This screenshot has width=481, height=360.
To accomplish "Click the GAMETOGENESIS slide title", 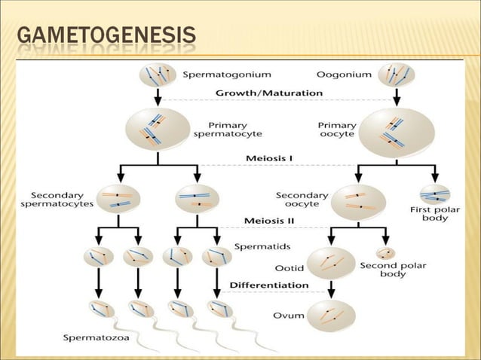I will [106, 36].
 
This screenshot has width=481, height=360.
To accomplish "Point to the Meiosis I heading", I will [269, 158].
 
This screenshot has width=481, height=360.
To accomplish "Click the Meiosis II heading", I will [271, 221].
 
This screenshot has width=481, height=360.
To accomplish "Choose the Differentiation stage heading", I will [268, 285].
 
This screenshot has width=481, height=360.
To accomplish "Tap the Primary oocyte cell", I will [396, 131].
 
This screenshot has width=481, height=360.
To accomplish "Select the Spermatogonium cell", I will [158, 75].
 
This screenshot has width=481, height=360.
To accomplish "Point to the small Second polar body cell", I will [386, 253].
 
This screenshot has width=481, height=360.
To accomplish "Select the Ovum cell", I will [331, 315].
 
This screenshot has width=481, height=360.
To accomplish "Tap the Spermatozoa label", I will [96, 337].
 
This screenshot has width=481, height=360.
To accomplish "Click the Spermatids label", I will [259, 246].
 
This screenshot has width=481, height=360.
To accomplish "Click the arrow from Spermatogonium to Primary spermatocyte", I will [158, 96].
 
